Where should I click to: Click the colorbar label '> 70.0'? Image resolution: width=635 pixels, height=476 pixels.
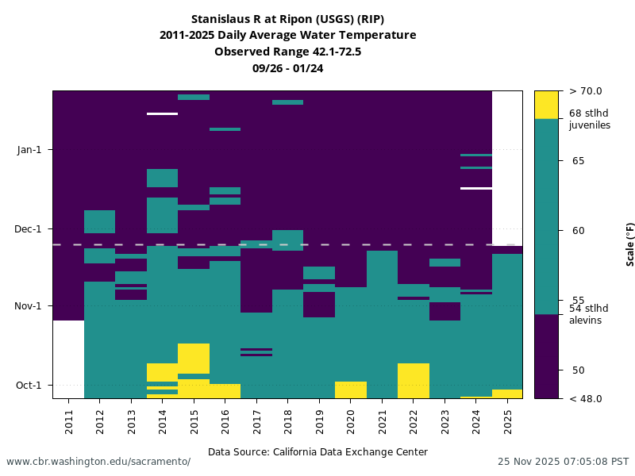[x=586, y=91]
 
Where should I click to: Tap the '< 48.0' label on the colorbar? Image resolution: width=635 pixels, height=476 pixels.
[x=585, y=398]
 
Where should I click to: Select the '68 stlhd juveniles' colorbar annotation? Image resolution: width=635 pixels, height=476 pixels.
[x=590, y=119]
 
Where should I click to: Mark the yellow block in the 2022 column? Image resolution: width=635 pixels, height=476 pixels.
[x=414, y=380]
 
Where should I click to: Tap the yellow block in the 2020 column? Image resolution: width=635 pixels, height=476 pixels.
[x=351, y=390]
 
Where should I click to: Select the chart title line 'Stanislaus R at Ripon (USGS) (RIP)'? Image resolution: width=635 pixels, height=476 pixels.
[x=287, y=19]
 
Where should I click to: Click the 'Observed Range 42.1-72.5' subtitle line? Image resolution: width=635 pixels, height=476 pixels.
[x=287, y=52]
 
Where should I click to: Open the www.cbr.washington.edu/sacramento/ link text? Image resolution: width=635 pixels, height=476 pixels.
[x=98, y=462]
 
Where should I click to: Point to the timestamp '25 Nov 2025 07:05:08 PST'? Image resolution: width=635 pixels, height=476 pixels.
[x=563, y=462]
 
